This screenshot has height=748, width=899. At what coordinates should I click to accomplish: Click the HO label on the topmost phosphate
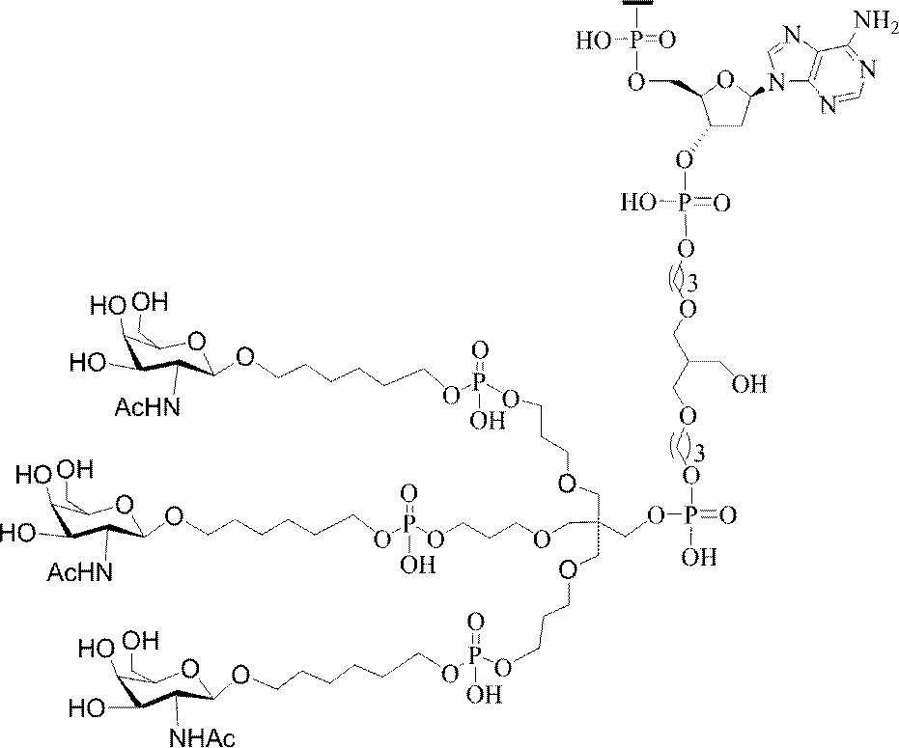[592, 42]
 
